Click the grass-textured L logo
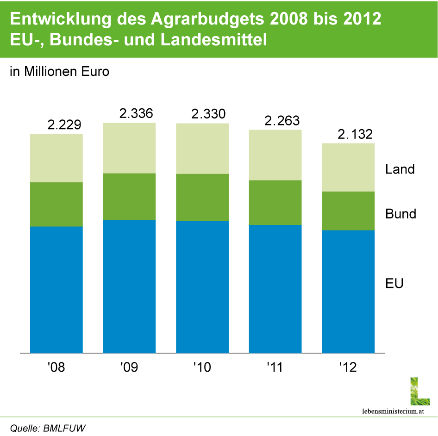[419, 391]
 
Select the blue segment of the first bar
[56, 290]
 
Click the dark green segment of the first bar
[56, 204]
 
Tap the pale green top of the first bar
[56, 158]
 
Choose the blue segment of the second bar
[129, 287]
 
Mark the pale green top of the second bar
[129, 148]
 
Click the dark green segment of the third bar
[202, 198]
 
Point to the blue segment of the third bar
[202, 287]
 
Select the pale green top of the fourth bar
[275, 155]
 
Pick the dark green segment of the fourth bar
[275, 202]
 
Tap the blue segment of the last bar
[348, 292]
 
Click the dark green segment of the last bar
[348, 211]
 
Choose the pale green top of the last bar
[348, 167]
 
